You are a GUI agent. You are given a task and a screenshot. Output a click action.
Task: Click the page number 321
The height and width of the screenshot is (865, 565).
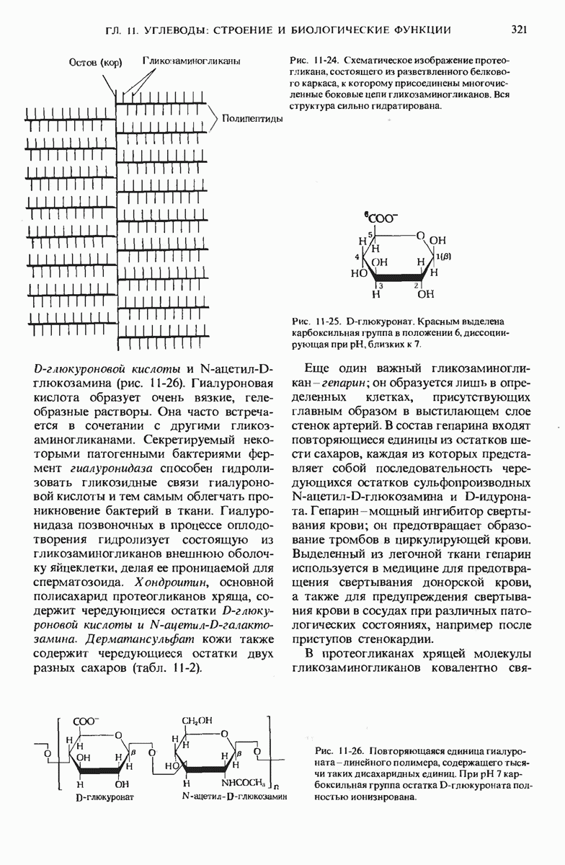tap(520, 30)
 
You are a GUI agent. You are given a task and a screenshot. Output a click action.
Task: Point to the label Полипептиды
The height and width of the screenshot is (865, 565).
tap(252, 119)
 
